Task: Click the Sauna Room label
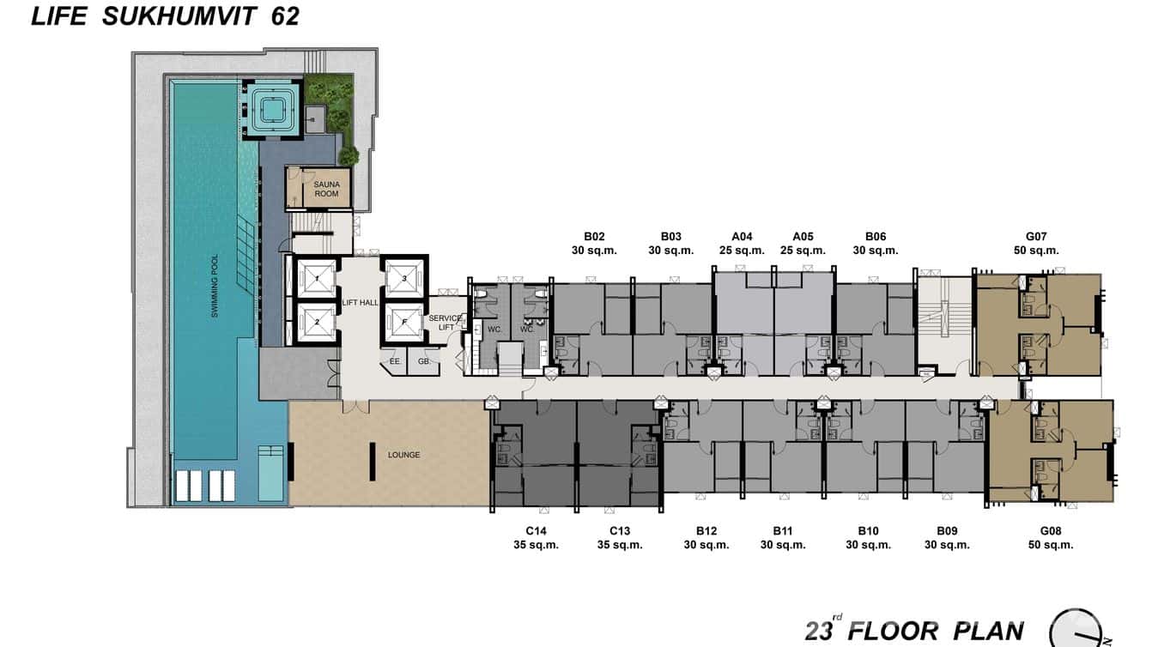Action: coord(326,189)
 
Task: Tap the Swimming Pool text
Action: coord(215,285)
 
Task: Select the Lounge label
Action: coord(403,455)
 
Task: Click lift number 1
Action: coord(317,279)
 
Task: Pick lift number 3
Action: coord(404,279)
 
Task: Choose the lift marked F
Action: coord(404,323)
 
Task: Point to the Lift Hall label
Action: coord(360,303)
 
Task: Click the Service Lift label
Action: coord(446,323)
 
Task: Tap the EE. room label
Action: coord(395,361)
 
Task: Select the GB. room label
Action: coord(424,361)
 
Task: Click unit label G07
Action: coord(1036,236)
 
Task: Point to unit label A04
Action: coord(742,236)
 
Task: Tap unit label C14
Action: coord(536,531)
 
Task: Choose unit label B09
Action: coord(947,531)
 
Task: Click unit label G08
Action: coord(1050,531)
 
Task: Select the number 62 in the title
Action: coord(285,16)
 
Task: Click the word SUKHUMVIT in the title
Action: coord(179,16)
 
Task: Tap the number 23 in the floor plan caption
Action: coord(819,631)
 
